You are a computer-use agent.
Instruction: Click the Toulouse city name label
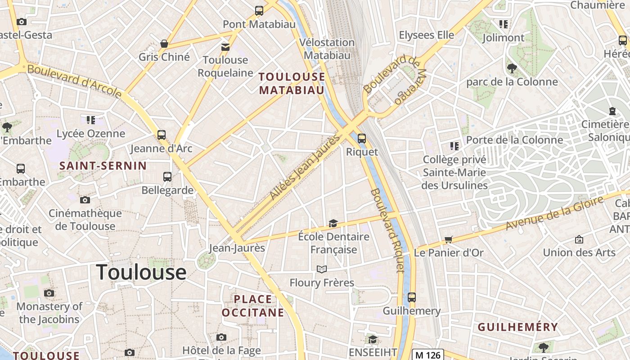(141, 272)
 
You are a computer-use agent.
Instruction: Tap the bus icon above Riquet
(361, 139)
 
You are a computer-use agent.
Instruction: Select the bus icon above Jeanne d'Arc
(161, 135)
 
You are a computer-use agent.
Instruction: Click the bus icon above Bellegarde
(167, 176)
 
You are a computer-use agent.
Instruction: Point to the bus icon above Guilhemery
(412, 297)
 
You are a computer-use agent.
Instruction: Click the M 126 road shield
(428, 355)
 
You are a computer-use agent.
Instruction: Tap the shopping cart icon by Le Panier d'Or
(448, 239)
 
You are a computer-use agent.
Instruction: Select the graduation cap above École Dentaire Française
(333, 223)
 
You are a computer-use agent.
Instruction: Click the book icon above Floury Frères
(321, 270)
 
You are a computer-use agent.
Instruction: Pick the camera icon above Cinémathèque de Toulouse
(85, 200)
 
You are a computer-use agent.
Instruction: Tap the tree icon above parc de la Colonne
(512, 68)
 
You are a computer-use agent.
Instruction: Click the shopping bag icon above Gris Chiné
(164, 44)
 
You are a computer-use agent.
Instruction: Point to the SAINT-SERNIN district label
(103, 166)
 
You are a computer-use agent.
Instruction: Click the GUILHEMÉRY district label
(517, 327)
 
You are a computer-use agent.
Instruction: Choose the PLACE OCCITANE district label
(253, 306)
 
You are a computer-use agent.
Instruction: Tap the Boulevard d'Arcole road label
(74, 81)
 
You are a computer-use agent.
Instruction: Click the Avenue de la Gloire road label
(554, 213)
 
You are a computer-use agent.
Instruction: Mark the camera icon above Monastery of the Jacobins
(49, 293)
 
